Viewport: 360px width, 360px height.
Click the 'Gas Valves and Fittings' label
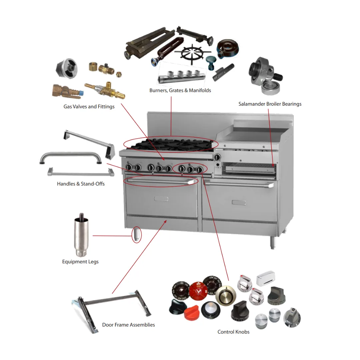89,107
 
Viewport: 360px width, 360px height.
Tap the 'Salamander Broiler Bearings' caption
270,104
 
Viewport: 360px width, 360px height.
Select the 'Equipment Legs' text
80,262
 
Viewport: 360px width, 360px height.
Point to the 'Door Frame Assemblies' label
128,325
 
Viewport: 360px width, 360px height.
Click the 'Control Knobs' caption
233,332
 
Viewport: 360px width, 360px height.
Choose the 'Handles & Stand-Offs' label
81,184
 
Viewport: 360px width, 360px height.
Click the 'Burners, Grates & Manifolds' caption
180,90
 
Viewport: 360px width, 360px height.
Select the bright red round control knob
198,291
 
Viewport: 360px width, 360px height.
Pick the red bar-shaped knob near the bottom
193,312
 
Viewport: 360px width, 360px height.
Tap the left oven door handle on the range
160,181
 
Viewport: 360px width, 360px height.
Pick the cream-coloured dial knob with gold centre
226,294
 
